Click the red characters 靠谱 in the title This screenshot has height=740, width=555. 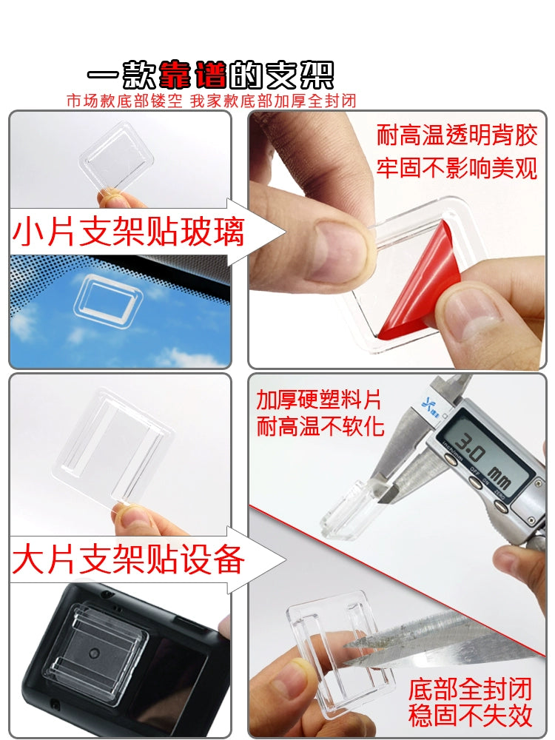193,75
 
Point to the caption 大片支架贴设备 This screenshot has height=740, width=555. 128,559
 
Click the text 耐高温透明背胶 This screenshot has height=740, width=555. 457,135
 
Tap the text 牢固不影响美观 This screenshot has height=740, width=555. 457,167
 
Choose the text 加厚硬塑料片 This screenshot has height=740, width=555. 318,400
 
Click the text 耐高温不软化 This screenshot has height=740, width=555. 320,427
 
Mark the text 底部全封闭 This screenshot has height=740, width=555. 470,688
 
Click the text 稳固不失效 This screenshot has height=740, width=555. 470,716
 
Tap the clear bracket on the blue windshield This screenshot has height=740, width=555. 108,297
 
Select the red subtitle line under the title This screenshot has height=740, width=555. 211,101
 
